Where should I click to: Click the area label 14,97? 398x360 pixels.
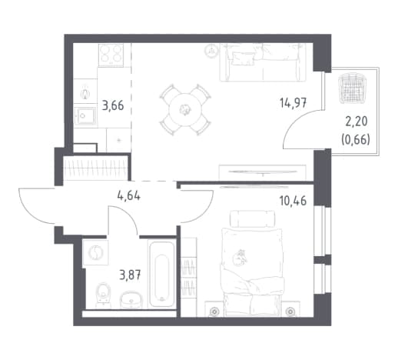[293, 103]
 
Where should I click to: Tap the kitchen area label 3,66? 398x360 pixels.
[113, 105]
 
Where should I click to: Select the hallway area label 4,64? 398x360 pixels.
[129, 196]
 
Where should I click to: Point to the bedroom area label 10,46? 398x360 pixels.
[293, 201]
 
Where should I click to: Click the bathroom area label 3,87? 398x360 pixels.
[130, 276]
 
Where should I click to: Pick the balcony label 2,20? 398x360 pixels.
[357, 122]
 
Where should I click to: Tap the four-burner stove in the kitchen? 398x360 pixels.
[111, 54]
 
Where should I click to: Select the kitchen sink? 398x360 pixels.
[85, 116]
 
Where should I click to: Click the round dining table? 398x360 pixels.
[185, 110]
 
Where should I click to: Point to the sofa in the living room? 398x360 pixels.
[263, 62]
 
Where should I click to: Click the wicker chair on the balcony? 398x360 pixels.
[351, 88]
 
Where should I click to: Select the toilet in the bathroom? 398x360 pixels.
[103, 295]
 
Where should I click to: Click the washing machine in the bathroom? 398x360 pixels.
[95, 252]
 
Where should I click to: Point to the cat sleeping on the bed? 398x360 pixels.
[240, 257]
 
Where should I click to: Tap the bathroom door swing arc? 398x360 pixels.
[127, 215]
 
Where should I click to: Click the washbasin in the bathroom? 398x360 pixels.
[131, 299]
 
